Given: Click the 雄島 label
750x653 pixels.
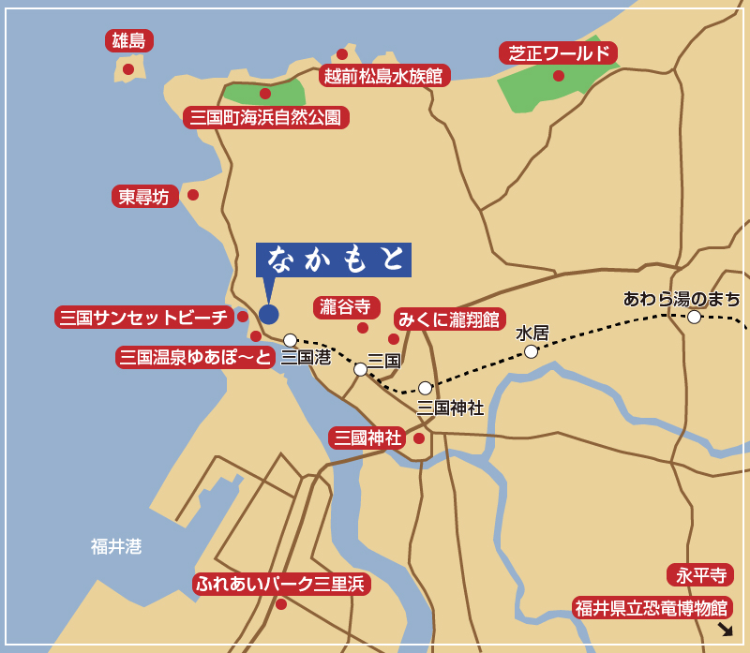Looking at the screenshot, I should point(129,40).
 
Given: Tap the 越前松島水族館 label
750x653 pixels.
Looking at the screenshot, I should point(384,76).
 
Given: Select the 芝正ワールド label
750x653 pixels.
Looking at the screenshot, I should point(558,53).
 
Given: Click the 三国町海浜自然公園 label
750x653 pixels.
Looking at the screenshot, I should point(266,117).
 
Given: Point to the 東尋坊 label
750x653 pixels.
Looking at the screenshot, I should point(144,197).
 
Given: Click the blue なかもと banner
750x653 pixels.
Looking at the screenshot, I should point(334,260).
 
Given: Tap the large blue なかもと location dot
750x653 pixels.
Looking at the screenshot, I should point(269,315).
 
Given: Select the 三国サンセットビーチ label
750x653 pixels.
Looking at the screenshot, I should point(144,317).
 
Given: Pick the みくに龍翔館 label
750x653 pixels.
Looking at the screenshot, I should point(450,319).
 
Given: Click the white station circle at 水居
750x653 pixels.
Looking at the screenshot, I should point(532,351).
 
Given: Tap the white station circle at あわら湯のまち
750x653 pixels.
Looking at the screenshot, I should point(694,317).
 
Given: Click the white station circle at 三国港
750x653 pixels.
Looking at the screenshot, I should point(291,340).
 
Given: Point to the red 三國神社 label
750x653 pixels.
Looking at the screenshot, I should point(367,438).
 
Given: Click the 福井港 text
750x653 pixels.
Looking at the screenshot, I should point(116,546).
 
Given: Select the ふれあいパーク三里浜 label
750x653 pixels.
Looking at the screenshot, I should point(281,584).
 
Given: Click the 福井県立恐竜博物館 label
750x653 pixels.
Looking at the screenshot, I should point(652,608).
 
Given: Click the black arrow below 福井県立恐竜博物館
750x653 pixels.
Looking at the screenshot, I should point(724,629).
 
